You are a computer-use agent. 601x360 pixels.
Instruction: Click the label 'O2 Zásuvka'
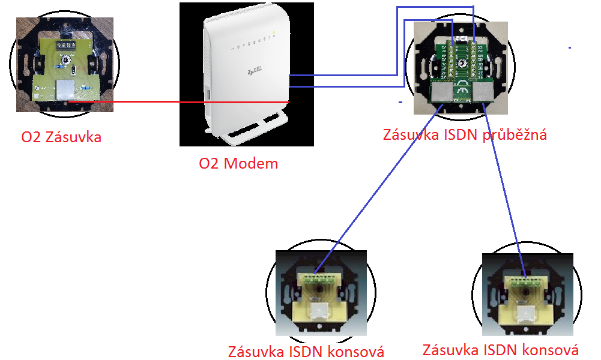[61, 137]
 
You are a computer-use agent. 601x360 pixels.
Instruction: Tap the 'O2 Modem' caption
[238, 163]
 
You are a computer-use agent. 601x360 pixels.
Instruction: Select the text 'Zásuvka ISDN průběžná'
[465, 134]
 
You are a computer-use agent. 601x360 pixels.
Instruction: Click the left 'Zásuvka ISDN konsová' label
[306, 351]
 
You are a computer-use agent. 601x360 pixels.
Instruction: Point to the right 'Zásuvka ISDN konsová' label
[501, 349]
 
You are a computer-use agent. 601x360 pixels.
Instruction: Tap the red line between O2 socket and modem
[180, 102]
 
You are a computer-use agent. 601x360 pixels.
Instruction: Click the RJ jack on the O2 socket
[64, 91]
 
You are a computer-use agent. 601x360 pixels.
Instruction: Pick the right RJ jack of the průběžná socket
[483, 92]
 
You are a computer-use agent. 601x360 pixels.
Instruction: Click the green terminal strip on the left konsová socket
[318, 278]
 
